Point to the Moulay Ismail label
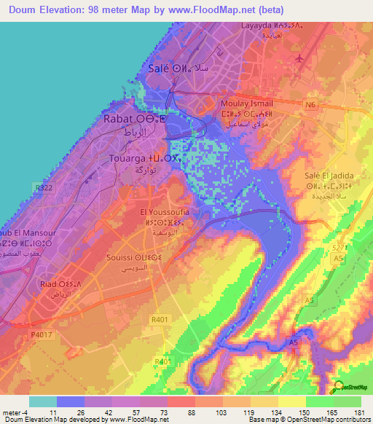tap(247, 103)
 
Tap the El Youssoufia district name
tap(170, 212)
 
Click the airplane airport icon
tap(299, 58)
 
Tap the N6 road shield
tap(312, 106)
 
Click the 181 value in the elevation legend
tap(358, 412)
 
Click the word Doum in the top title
tap(30, 9)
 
